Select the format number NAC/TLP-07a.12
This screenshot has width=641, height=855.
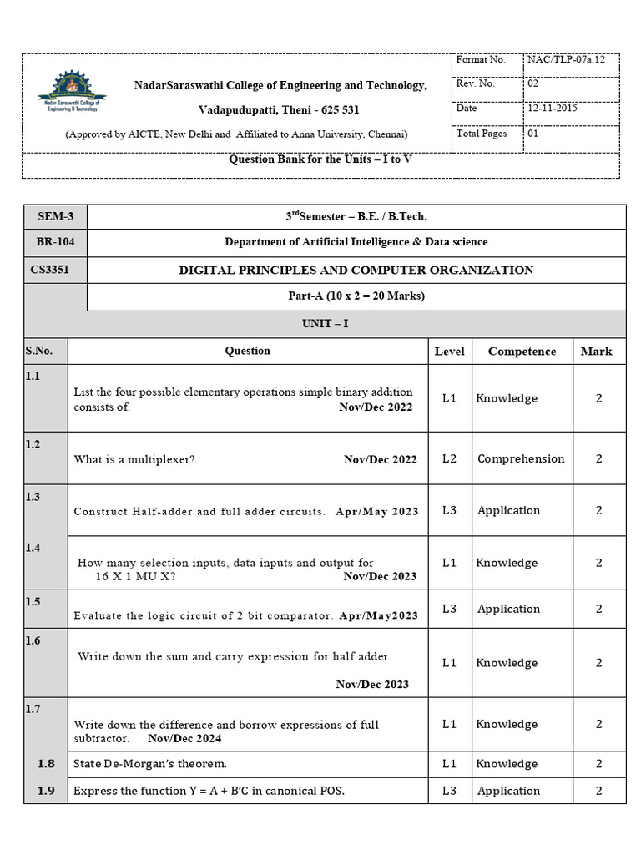[561, 60]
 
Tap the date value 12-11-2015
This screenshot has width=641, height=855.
[553, 108]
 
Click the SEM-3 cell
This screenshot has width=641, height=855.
[56, 217]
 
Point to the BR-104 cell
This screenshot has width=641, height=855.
[56, 242]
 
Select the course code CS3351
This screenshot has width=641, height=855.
[56, 270]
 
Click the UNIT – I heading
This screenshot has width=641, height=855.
[325, 323]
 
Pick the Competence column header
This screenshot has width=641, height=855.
[522, 352]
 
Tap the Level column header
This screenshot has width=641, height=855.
[449, 352]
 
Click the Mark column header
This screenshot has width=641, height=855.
[596, 352]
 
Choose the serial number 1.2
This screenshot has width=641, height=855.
[33, 445]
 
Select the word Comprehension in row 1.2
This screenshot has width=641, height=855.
[521, 458]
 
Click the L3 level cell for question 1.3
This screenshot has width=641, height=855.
[449, 510]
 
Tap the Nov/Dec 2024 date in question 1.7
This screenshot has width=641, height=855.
[184, 738]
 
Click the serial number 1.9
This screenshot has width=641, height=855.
[47, 791]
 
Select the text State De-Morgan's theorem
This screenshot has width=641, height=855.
[150, 764]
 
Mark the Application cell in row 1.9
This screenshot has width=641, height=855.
[508, 791]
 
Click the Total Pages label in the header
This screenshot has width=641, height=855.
[482, 134]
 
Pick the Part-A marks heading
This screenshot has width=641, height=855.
[356, 296]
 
